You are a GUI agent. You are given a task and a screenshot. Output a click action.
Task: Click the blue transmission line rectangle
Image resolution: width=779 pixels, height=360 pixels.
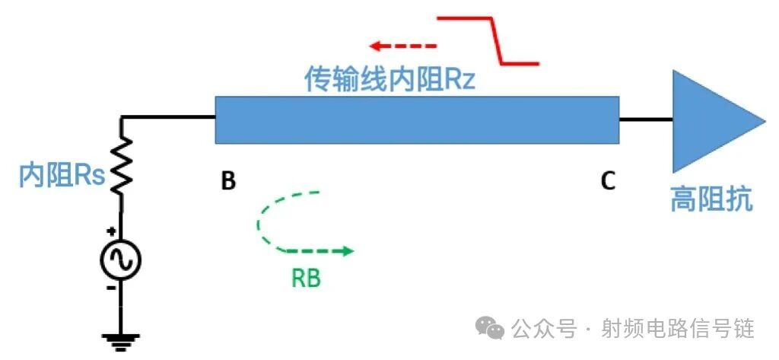tap(417, 119)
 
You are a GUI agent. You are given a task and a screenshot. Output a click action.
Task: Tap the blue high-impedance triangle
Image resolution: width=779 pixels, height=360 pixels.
tap(707, 120)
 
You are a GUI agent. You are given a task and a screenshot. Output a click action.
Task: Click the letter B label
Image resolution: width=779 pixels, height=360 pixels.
tap(228, 181)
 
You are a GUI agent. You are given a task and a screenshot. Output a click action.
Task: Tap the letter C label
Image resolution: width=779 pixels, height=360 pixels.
tap(608, 181)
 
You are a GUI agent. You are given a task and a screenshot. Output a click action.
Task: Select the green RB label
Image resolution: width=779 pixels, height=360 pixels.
tap(307, 279)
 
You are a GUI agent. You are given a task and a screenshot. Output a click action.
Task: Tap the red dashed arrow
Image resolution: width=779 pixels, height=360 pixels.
tap(403, 47)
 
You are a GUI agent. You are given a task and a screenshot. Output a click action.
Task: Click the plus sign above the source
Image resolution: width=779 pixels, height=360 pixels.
tap(111, 231)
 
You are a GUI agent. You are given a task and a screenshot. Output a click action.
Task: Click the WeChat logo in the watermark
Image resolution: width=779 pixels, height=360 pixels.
tap(490, 328)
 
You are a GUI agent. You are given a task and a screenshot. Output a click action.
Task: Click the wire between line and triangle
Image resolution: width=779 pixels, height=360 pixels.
tap(645, 119)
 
